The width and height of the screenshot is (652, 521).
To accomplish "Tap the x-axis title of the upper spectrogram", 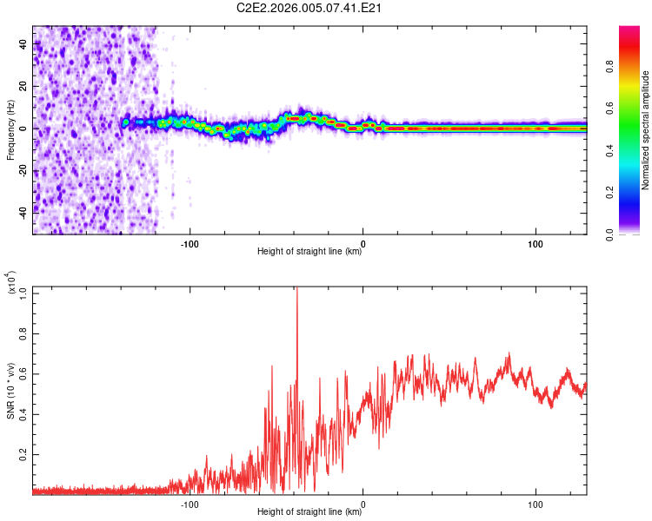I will coord(309,252).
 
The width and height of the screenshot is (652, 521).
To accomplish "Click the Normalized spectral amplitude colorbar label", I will coord(646,130).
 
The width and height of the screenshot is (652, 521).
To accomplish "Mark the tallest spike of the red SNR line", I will coord(297,290).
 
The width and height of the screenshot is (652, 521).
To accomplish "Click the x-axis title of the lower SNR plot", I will coord(309,512).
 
